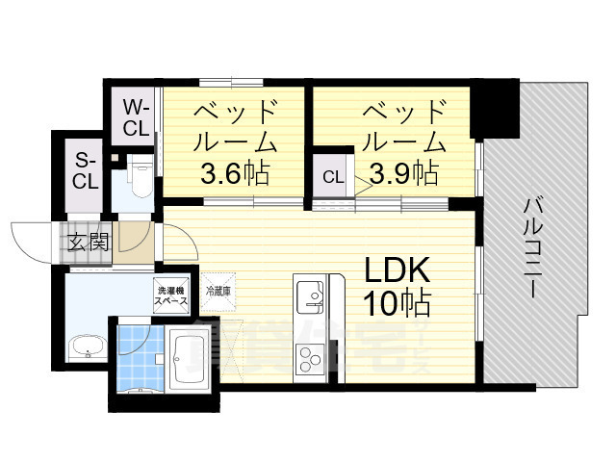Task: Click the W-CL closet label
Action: click(x=136, y=115)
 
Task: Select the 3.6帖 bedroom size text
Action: click(x=234, y=174)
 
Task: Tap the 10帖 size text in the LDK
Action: click(x=396, y=303)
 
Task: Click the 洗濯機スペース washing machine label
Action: click(x=175, y=290)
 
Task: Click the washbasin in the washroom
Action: click(x=86, y=346)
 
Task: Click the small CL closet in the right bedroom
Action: click(x=332, y=176)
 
